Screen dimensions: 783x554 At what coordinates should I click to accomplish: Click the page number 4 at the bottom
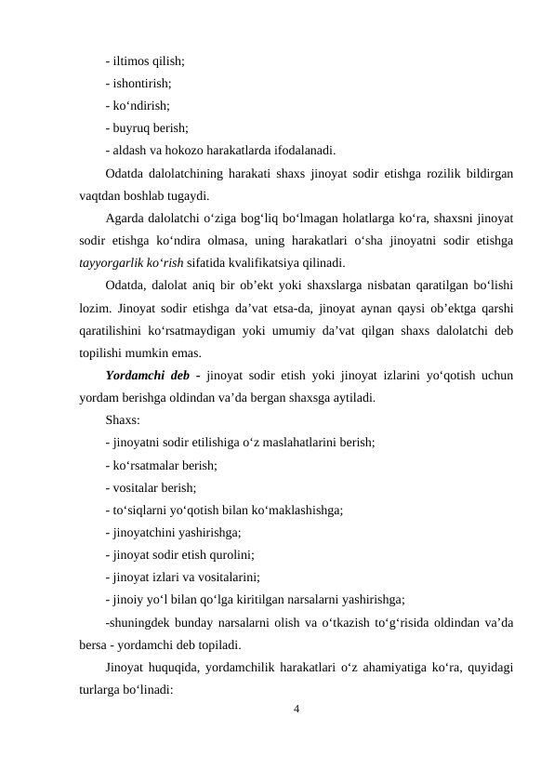pyautogui.click(x=296, y=710)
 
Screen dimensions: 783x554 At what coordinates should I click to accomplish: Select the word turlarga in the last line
pyautogui.click(x=101, y=689)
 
